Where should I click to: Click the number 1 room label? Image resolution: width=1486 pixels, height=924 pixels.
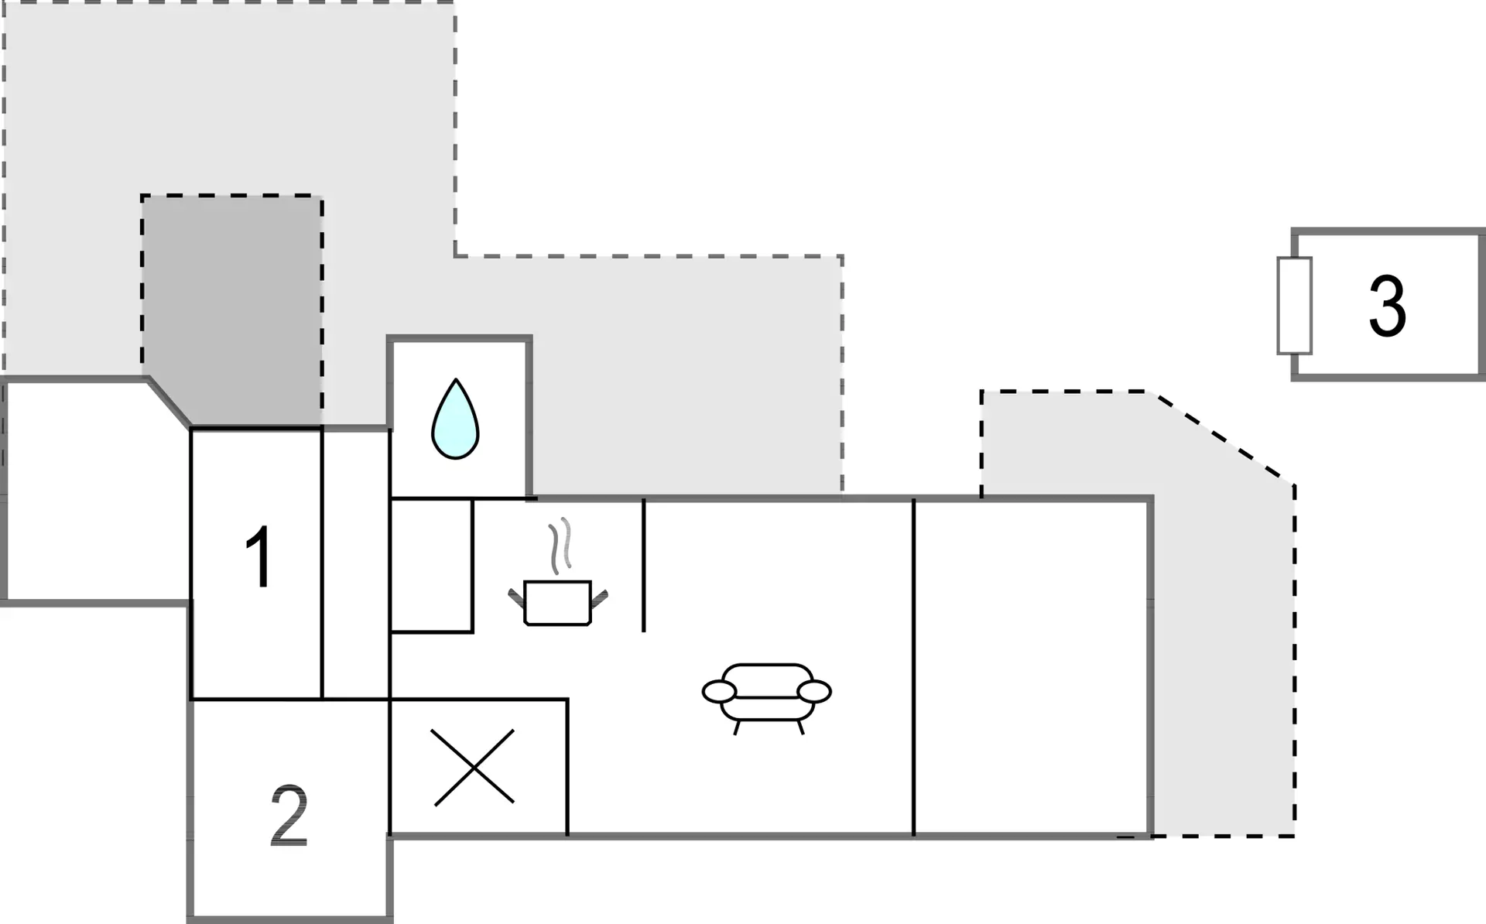click(259, 557)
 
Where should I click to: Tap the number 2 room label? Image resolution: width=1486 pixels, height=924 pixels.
click(289, 816)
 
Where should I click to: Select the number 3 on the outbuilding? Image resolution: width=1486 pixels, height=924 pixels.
click(1387, 306)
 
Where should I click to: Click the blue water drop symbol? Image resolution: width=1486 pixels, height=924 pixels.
click(455, 419)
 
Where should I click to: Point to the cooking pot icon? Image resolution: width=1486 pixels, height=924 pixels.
click(558, 602)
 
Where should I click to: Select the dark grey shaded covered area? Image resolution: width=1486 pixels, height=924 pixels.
click(232, 310)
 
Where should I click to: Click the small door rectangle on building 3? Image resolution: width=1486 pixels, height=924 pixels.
click(1294, 306)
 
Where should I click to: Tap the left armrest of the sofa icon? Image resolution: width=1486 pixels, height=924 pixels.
click(719, 692)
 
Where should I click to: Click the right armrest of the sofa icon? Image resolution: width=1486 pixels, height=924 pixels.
click(814, 692)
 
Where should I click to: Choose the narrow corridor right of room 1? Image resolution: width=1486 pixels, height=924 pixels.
click(356, 564)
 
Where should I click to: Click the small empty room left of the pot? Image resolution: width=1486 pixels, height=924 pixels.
click(431, 566)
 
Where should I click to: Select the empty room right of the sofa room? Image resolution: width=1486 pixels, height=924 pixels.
click(1031, 668)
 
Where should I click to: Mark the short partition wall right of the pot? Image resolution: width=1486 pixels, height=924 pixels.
click(644, 566)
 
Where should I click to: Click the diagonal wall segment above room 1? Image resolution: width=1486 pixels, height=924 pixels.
click(169, 402)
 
